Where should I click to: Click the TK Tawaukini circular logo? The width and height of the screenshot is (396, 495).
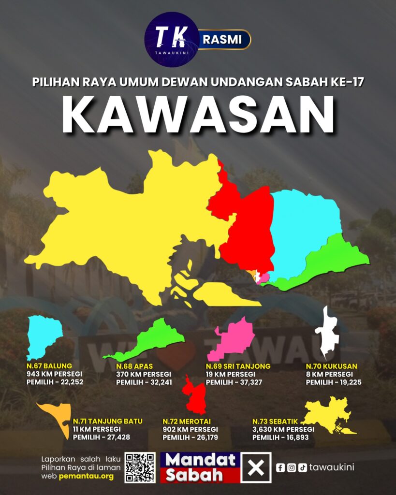coord(172,39)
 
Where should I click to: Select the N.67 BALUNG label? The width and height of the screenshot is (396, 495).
coord(49,366)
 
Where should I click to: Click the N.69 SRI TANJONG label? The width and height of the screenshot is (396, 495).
coord(238,366)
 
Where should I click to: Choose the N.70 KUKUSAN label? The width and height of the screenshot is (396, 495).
coord(332,366)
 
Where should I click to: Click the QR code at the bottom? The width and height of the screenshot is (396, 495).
coord(140,467)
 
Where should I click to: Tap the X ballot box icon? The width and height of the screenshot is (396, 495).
coord(256,467)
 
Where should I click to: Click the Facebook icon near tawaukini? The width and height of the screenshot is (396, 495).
coord(280,467)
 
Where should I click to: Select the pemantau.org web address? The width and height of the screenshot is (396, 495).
coord(87,476)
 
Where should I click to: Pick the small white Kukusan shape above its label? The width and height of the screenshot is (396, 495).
coord(326,334)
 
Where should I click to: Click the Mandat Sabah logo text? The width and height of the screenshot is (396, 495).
coord(200,467)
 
